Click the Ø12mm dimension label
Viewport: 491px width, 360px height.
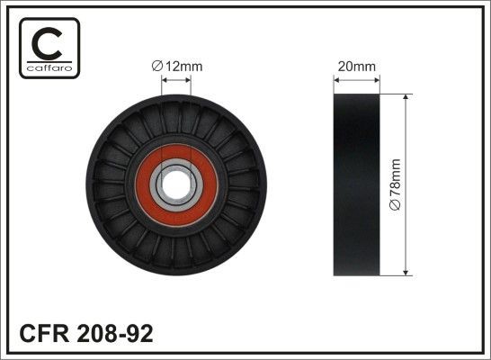tap(176, 65)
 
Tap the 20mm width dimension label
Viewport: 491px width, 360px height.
tap(356, 65)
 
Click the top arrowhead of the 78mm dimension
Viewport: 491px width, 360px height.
tap(407, 97)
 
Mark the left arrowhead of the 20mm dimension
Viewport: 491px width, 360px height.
tap(337, 78)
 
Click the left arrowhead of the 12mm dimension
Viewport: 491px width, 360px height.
tap(165, 78)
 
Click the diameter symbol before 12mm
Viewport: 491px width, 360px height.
tap(156, 65)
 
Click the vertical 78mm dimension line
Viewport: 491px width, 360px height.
tap(407, 144)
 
